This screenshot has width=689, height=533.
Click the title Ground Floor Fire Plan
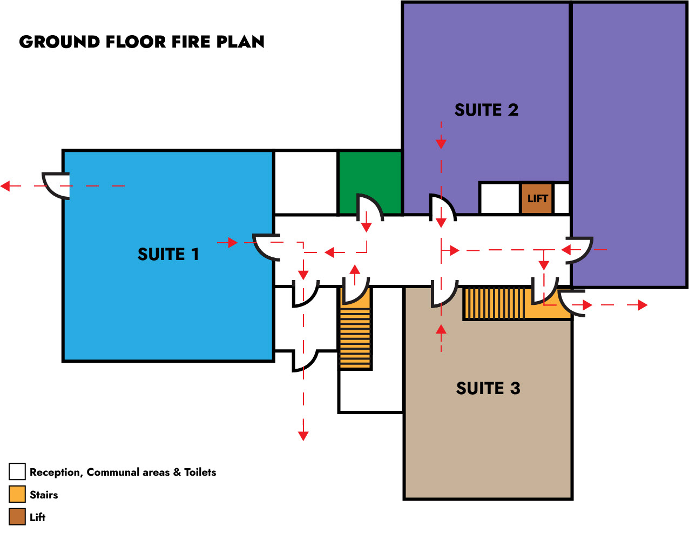click(x=141, y=42)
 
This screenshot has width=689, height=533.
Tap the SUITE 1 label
click(x=168, y=254)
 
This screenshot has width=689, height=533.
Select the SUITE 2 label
click(x=486, y=110)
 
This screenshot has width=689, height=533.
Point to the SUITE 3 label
click(x=488, y=388)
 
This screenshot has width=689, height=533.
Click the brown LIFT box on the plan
click(x=537, y=198)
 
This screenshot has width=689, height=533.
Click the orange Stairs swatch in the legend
click(x=17, y=494)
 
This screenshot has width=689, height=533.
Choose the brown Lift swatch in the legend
click(x=17, y=517)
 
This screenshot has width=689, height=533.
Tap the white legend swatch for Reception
click(x=17, y=471)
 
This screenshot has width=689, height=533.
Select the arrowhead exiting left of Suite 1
click(x=5, y=186)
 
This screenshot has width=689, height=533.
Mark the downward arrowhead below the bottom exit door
click(x=303, y=435)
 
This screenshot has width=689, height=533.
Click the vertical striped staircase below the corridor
click(x=355, y=338)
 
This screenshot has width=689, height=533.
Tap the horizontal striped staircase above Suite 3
click(x=494, y=303)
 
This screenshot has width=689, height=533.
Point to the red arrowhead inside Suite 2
click(x=441, y=143)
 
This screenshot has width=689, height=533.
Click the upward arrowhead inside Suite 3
click(x=441, y=329)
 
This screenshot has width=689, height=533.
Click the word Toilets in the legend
click(x=200, y=472)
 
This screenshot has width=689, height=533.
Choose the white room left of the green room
click(x=306, y=183)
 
